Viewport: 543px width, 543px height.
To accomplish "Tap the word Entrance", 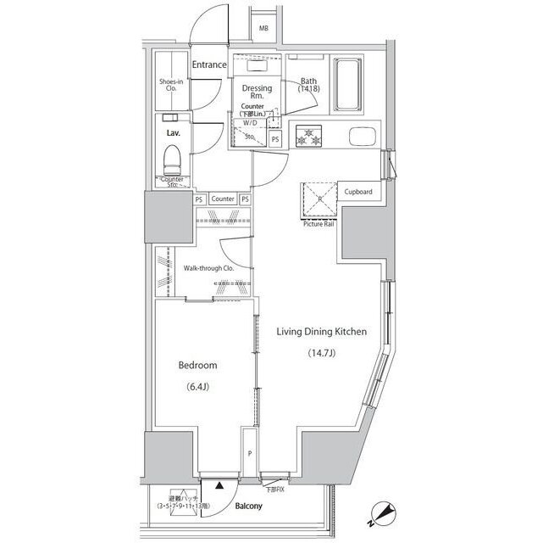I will [x=208, y=65].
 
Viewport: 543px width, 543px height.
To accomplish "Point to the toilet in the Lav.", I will [x=173, y=159].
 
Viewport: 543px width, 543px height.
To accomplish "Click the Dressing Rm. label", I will [x=257, y=92].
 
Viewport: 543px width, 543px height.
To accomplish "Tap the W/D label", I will [x=250, y=122].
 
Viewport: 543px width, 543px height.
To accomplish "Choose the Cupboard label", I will [x=358, y=192].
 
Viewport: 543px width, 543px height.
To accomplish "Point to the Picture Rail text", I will [x=318, y=224].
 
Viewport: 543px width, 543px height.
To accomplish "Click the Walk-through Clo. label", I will [x=208, y=268].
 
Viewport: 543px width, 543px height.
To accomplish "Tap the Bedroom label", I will [x=197, y=366].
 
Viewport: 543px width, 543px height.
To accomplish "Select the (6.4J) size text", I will [x=197, y=389].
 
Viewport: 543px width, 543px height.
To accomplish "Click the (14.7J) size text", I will [x=321, y=354].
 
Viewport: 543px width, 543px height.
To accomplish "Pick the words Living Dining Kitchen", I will [x=321, y=332].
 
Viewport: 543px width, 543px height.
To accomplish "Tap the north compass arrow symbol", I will [x=385, y=512].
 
